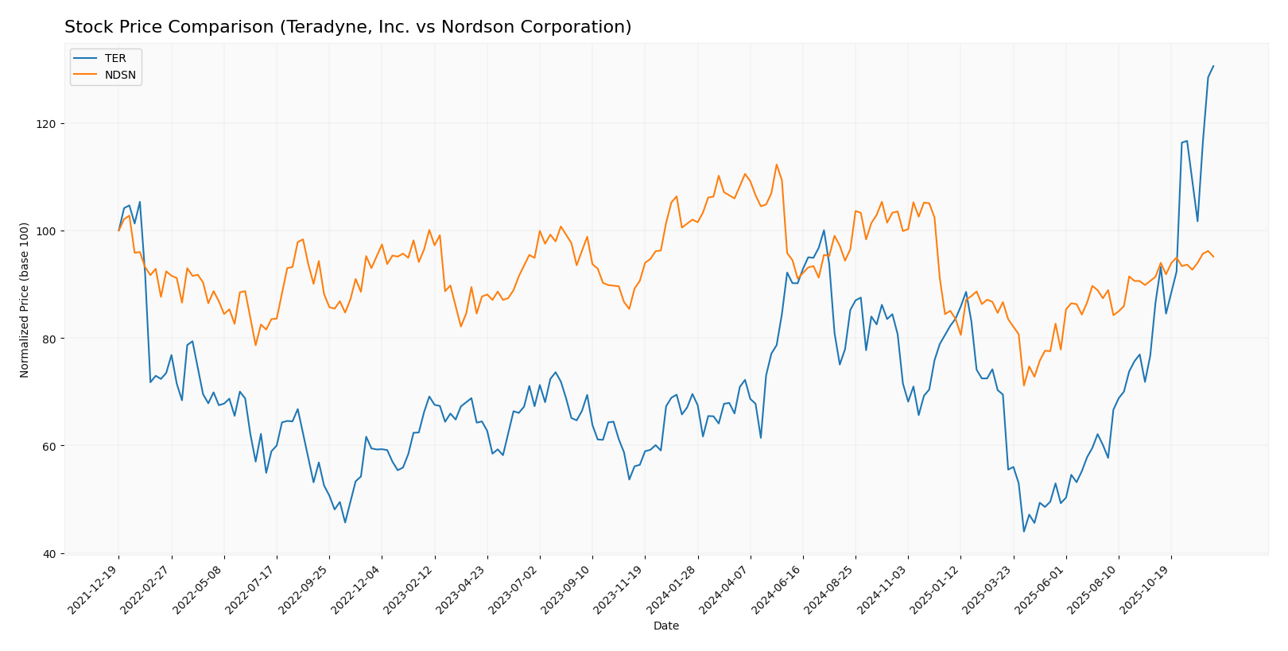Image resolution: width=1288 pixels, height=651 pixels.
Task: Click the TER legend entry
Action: point(115,59)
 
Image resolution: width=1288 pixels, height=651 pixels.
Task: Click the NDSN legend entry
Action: point(120,76)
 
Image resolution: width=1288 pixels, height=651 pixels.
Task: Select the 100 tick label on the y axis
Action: point(47,231)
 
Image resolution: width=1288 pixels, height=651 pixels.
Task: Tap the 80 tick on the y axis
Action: point(50,339)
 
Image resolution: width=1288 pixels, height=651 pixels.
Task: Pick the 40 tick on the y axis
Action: point(50,553)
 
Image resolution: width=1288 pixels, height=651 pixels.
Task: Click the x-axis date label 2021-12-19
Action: point(95,589)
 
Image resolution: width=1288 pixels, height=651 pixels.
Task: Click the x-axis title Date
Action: point(665,626)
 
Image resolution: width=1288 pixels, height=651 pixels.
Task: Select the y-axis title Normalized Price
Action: point(25,300)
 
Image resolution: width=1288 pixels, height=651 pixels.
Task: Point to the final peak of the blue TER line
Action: point(1212,66)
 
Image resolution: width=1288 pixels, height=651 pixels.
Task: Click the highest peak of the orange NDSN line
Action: point(776,165)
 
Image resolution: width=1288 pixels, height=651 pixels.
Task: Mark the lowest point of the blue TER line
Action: point(1023,531)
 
